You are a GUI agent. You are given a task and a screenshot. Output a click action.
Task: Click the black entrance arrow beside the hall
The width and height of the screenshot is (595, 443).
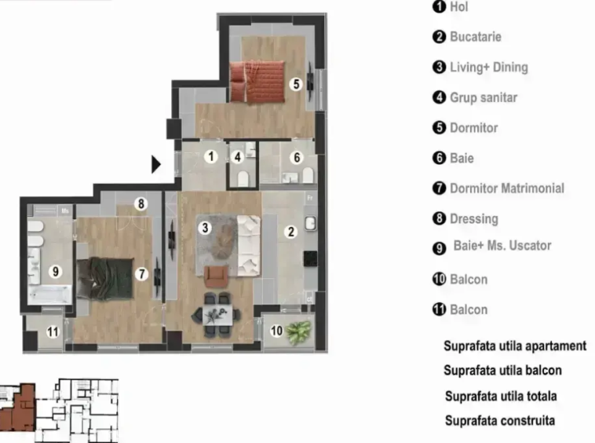coord(155,164)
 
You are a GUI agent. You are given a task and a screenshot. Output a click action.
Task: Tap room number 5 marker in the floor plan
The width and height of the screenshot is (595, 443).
coord(297,84)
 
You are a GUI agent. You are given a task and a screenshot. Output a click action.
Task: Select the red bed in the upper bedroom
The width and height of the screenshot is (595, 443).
coord(257,82)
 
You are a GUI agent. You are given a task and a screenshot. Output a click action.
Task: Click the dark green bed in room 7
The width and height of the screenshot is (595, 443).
coord(105,278)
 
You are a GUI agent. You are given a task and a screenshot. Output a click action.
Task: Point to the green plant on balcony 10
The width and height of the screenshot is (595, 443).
coord(299,331)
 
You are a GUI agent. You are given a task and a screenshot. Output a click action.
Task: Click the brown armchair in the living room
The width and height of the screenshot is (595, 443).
coord(217,276)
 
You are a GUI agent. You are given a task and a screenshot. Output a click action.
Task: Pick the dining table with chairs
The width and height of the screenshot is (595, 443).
coord(217,314)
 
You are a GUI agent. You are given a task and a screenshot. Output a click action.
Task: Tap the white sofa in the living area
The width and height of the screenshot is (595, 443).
coord(249,245)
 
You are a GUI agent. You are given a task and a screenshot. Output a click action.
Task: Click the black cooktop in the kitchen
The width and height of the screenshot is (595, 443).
coord(310,258)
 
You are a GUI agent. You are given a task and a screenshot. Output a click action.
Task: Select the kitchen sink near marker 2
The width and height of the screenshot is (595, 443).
coord(311,223)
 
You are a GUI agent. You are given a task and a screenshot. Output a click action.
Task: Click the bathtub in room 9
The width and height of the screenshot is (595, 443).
coord(49,295)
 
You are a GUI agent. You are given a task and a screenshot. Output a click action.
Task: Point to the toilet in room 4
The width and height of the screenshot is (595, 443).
coord(243,178)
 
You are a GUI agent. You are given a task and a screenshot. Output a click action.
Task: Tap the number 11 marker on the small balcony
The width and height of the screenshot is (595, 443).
coord(53,331)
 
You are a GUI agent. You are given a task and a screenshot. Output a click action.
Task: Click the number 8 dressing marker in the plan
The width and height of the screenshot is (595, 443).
coord(141,204)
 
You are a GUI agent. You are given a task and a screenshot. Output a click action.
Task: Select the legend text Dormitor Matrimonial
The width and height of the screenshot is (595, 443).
coord(507,189)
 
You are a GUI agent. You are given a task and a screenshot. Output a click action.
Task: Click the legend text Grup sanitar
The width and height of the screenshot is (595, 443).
coord(484,97)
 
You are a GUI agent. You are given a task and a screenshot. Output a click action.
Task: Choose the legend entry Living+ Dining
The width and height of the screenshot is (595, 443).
coord(489,68)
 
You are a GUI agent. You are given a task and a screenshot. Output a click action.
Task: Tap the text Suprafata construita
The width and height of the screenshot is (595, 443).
coord(500,420)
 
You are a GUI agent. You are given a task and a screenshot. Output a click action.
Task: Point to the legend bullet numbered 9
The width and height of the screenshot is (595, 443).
coord(439,248)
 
